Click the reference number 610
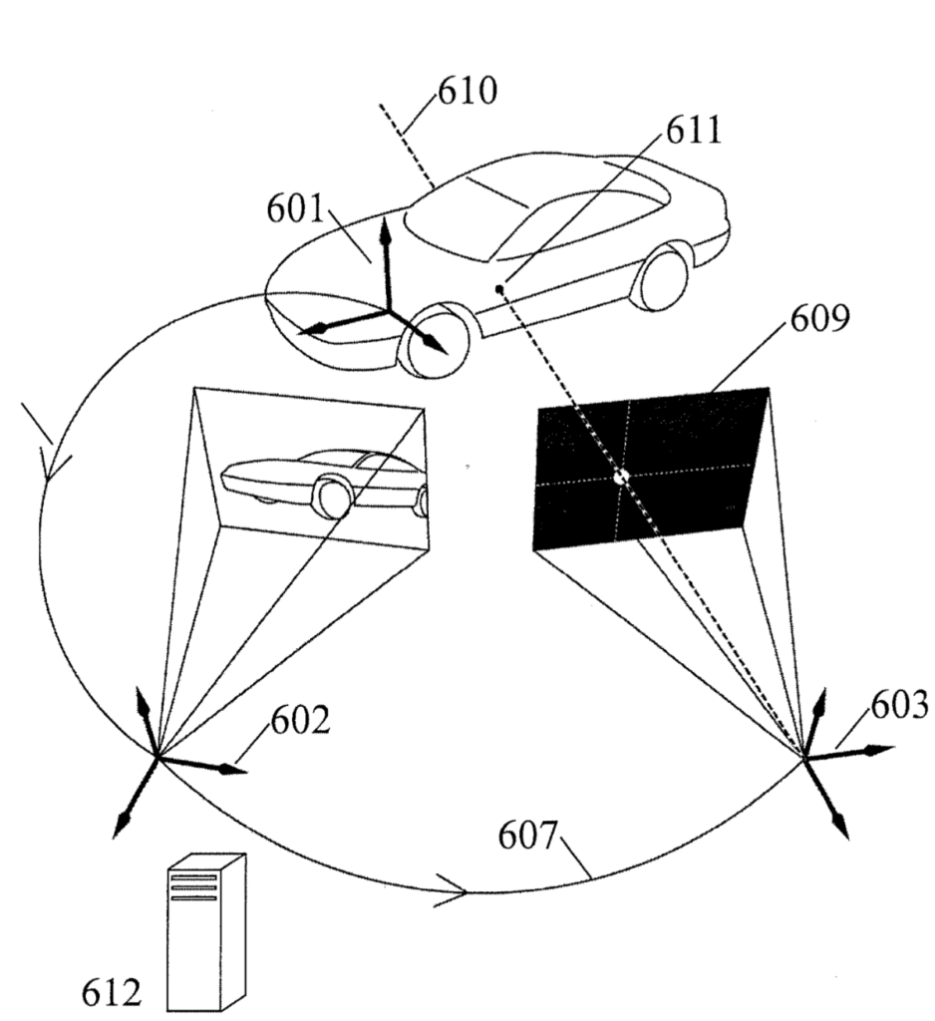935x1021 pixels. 467,91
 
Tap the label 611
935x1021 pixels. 694,131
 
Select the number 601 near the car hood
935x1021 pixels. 295,209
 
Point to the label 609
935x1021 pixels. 819,318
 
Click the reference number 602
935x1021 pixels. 300,720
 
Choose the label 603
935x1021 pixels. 899,705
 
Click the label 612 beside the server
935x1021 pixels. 111,993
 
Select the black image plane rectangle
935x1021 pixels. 650,467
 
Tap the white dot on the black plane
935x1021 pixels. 621,477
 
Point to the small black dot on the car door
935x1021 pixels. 499,288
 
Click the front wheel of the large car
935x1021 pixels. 435,341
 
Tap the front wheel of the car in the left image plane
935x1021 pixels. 333,499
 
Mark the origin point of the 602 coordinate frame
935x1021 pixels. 156,756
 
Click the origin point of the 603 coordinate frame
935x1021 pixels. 804,758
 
